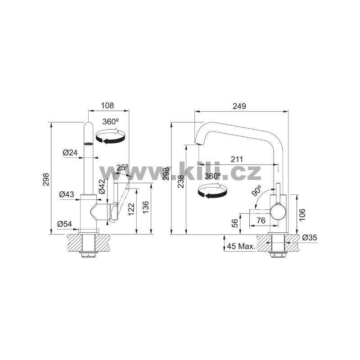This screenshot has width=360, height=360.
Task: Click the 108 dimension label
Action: click(108, 105)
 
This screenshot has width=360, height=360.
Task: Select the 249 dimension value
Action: click(239, 106)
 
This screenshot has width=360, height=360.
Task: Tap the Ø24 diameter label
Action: click(70, 153)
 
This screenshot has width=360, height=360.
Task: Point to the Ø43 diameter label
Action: click(67, 194)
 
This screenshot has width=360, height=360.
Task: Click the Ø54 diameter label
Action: click(64, 224)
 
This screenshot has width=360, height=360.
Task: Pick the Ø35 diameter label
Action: click(310, 238)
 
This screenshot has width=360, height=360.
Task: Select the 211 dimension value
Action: click(237, 159)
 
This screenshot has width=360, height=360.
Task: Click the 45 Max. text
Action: click(241, 246)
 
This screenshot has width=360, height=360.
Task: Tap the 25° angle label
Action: click(122, 167)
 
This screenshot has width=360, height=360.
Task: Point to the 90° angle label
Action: click(256, 191)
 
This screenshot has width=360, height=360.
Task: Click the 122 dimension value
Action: click(131, 209)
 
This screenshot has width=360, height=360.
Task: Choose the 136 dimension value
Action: click(145, 207)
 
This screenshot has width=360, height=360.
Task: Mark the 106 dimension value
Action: click(302, 215)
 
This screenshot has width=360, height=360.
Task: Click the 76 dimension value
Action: click(261, 220)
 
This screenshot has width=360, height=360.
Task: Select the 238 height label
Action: click(181, 182)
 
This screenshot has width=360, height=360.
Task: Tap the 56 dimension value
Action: click(235, 223)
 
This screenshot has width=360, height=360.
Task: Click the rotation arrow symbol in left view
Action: click(111, 136)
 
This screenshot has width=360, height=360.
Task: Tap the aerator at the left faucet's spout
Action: click(88, 144)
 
